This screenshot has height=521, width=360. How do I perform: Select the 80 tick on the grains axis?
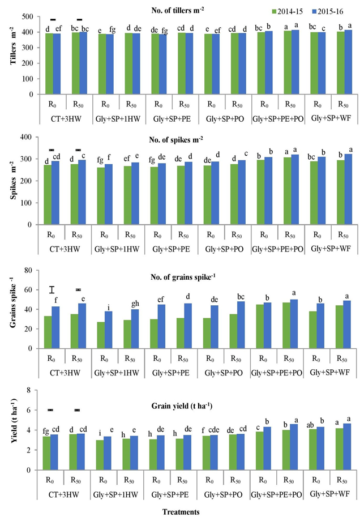(34, 271)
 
